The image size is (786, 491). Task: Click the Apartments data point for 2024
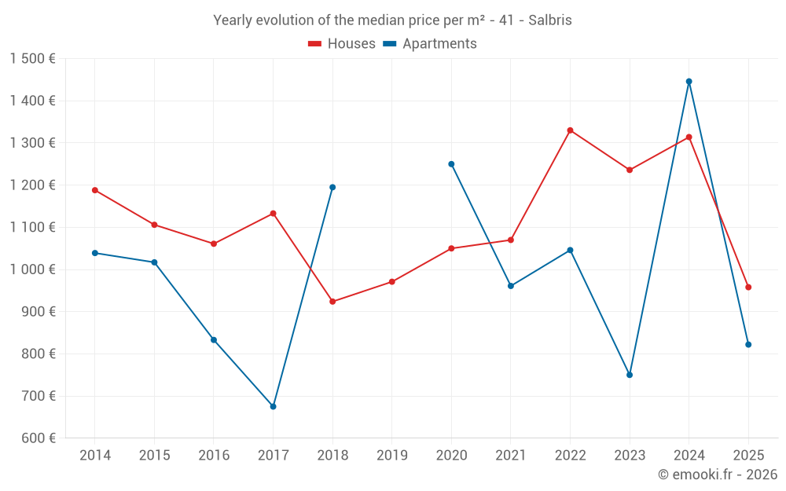tap(689, 82)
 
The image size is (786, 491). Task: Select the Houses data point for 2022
tap(570, 130)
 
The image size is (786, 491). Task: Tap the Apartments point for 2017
tap(273, 406)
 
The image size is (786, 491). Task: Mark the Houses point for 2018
tap(332, 302)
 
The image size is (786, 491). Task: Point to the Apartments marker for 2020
tap(451, 164)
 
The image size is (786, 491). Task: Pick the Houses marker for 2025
tap(748, 288)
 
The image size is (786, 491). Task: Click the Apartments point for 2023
tap(630, 375)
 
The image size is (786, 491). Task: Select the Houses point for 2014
tap(95, 190)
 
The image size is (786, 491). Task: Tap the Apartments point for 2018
tap(332, 187)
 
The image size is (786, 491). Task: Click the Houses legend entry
tap(342, 44)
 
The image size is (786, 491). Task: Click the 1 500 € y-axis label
tap(32, 59)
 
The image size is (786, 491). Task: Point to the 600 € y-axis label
tap(38, 438)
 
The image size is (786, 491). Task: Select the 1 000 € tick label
tap(32, 269)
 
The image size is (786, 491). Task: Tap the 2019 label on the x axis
tap(391, 456)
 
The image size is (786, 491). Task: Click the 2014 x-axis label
tap(95, 456)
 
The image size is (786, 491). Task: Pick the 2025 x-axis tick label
tap(748, 456)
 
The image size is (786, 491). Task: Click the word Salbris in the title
tap(550, 20)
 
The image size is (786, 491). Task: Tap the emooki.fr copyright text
tap(718, 475)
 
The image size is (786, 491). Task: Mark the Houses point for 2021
tap(511, 240)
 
